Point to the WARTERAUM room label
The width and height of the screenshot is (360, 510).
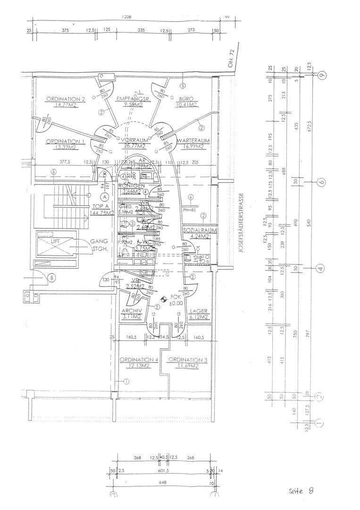tap(190, 141)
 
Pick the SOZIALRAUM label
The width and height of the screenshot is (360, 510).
tap(200, 230)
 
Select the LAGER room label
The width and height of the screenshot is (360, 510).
tap(198, 311)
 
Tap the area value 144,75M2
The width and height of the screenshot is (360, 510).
tap(103, 213)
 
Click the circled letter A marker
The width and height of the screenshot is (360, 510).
tap(105, 197)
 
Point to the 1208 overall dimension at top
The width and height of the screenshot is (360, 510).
tap(126, 17)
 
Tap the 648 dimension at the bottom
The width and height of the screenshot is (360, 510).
tap(164, 483)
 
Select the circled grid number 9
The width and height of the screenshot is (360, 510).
tap(322, 76)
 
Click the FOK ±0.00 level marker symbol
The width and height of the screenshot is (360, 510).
tap(164, 298)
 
